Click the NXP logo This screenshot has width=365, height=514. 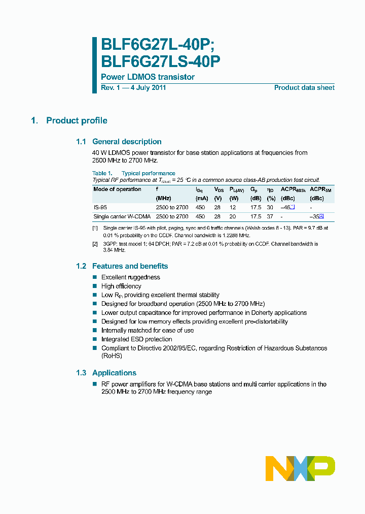pos(300,468)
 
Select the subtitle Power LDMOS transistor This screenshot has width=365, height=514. pos(148,77)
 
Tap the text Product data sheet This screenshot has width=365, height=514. pos(304,88)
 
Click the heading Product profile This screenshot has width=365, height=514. pos(77,120)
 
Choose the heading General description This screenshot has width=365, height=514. pos(127,142)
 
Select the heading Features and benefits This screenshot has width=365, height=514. pos(130,266)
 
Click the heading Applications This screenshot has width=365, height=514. pos(114,373)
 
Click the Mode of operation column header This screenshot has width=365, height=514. pos(118,189)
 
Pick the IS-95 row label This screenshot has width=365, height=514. pos(100,207)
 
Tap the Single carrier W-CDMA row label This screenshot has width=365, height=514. pos(122,216)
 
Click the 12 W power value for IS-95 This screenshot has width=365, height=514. pos(233,207)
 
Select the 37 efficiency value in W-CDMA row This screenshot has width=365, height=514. pos(271,216)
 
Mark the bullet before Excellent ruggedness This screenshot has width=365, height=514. pos(95,277)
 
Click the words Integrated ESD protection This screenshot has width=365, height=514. pos(137,339)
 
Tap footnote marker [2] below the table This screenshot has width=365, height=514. pos(95,244)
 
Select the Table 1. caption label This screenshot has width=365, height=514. pos(102,173)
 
